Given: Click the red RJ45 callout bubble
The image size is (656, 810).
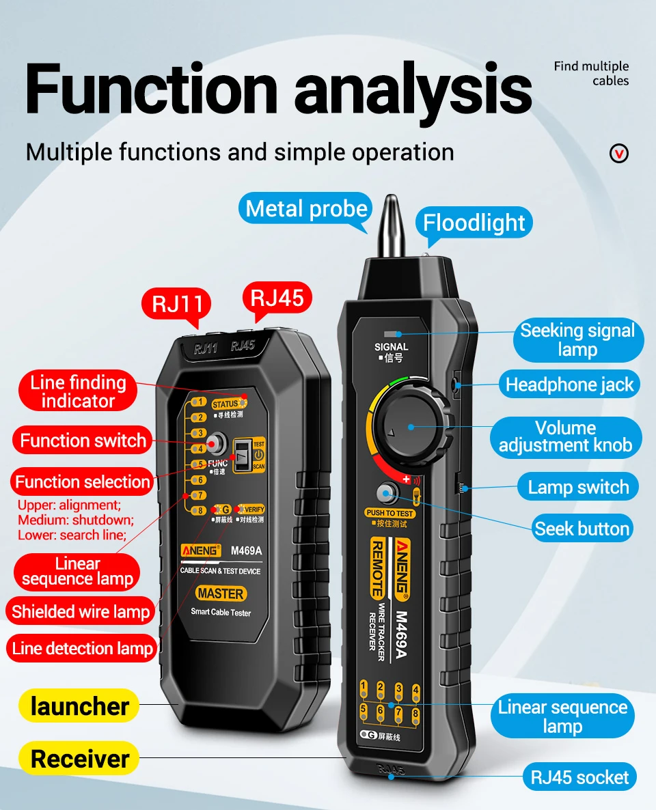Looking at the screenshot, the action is [x=277, y=298].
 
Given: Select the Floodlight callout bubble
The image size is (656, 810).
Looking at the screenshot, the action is [x=474, y=223].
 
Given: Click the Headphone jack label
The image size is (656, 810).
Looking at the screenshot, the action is [x=569, y=385].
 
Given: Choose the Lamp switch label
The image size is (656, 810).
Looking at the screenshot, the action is [x=578, y=488].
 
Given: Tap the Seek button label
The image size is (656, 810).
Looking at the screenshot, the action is [x=582, y=529].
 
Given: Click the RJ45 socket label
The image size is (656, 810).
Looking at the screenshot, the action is [x=579, y=777].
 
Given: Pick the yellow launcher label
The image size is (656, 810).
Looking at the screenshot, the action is [x=80, y=706].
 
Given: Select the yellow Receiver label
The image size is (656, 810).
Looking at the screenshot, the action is [x=80, y=759].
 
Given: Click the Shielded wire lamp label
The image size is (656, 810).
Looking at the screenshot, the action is [x=81, y=612].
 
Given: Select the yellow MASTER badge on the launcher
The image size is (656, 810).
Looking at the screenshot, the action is [x=221, y=593].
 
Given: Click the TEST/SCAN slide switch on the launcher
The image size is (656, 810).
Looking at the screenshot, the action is [x=243, y=454].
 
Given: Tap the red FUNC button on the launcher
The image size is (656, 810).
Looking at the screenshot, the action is [x=217, y=445].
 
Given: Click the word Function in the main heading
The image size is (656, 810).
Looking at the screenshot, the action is [x=152, y=89].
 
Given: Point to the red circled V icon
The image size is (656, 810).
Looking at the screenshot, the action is [x=619, y=153].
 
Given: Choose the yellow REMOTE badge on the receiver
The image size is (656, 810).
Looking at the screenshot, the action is [x=377, y=570].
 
